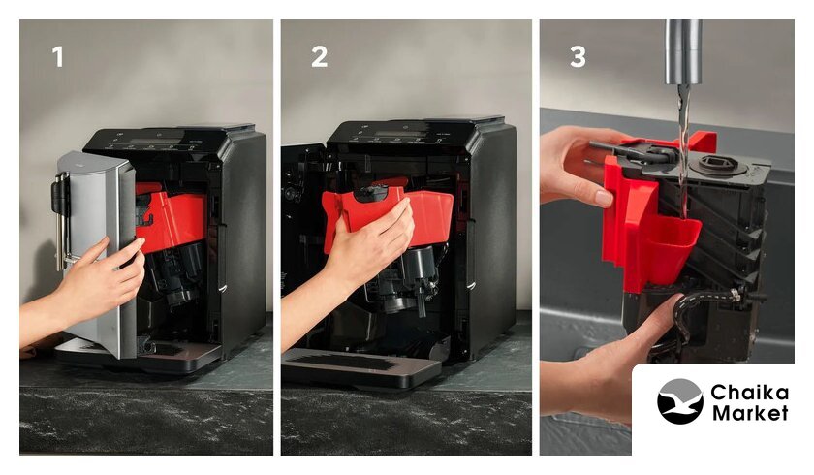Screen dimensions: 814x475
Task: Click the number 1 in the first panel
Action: coord(58,56)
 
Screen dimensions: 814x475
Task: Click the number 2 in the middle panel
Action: coord(319,56)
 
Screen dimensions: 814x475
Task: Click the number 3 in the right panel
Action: coord(578,56)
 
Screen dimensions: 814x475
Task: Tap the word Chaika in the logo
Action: coord(749,393)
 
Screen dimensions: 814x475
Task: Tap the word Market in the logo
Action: coord(750,413)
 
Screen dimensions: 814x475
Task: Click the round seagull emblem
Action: coord(680,401)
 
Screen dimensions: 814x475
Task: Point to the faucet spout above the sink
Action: coord(684,52)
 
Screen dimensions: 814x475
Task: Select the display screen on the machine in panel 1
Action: coord(156,139)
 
